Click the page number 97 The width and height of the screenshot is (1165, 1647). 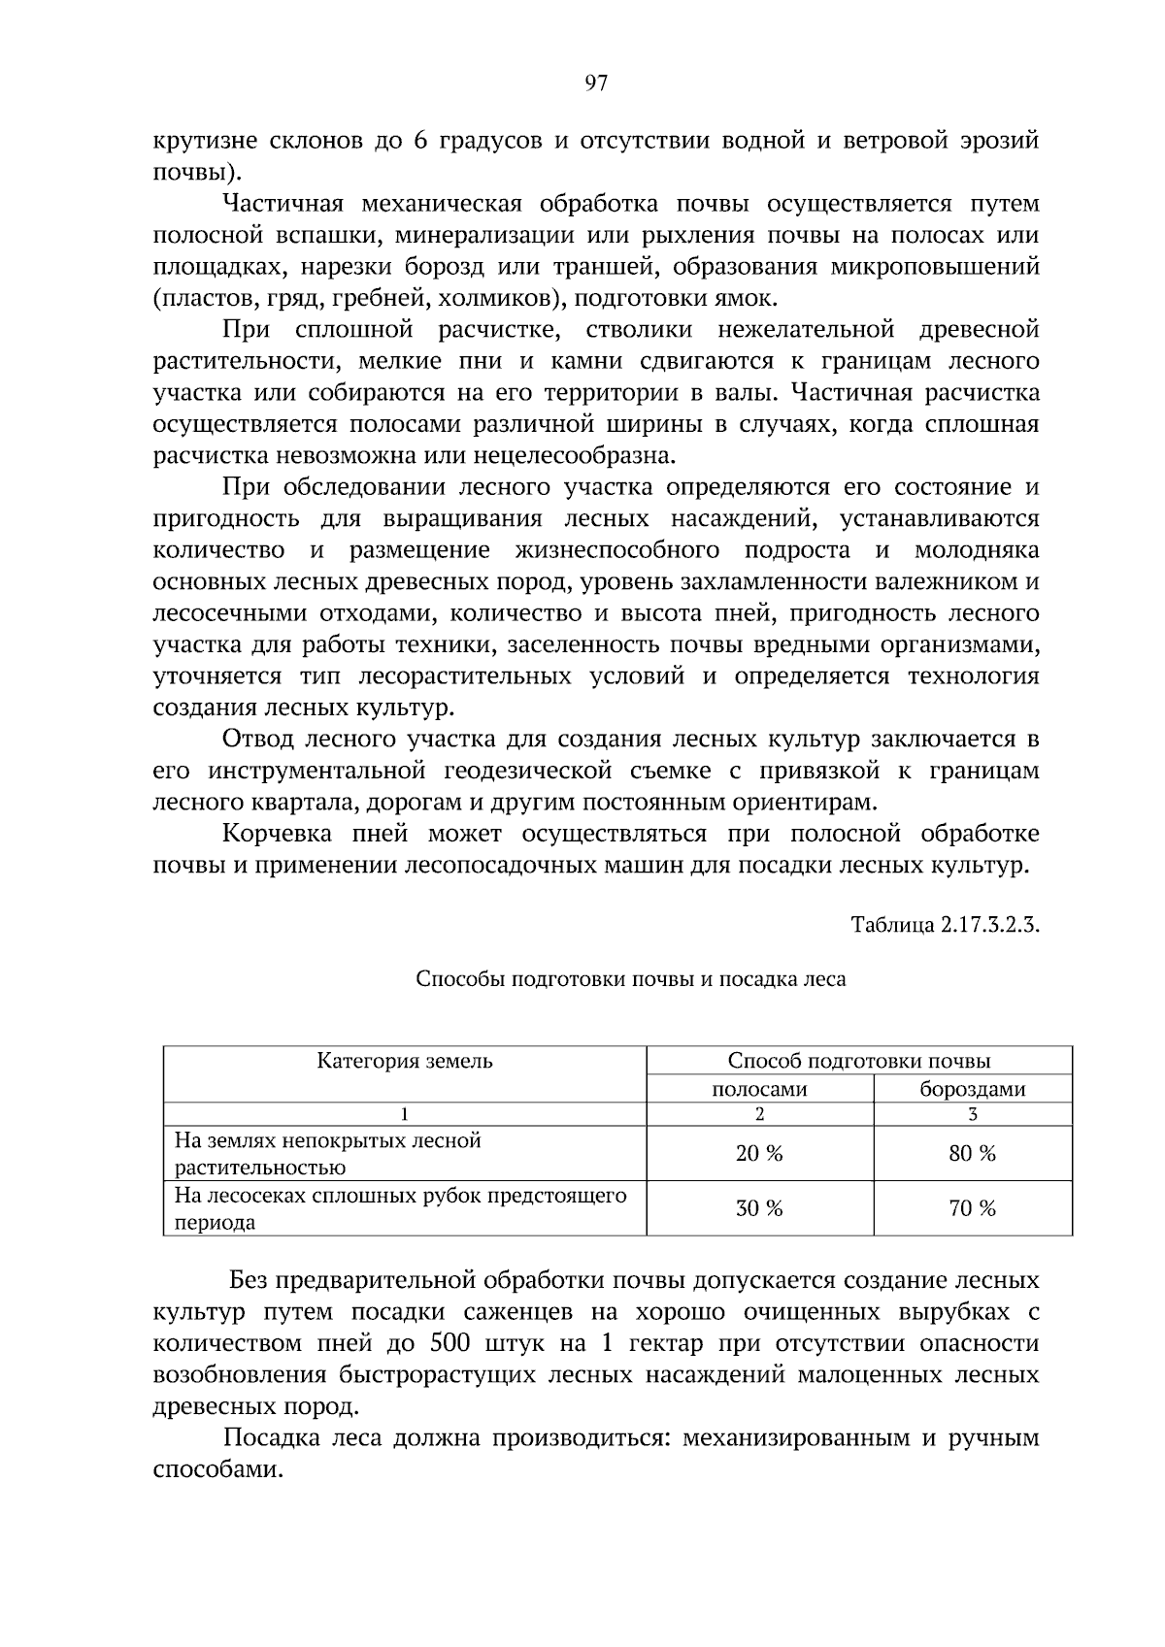click(596, 83)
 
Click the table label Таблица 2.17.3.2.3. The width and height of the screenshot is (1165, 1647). click(945, 924)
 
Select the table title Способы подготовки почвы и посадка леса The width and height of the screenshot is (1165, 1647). click(630, 978)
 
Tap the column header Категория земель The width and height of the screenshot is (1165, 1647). click(405, 1061)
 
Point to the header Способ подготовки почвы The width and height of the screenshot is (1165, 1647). click(859, 1061)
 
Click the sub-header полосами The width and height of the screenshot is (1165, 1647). click(759, 1089)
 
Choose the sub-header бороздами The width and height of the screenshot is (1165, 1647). click(973, 1089)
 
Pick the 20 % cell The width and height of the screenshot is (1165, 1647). click(759, 1153)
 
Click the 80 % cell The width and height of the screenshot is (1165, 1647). click(973, 1153)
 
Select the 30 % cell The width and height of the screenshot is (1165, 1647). click(759, 1208)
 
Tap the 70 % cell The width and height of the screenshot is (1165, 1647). click(973, 1208)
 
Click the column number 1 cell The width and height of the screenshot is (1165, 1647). click(405, 1114)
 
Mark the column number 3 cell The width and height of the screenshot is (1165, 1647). click(973, 1114)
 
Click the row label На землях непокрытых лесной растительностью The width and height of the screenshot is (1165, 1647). click(327, 1153)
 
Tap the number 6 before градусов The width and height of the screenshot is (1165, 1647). click(420, 141)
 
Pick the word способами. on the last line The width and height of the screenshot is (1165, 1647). click(217, 1469)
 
